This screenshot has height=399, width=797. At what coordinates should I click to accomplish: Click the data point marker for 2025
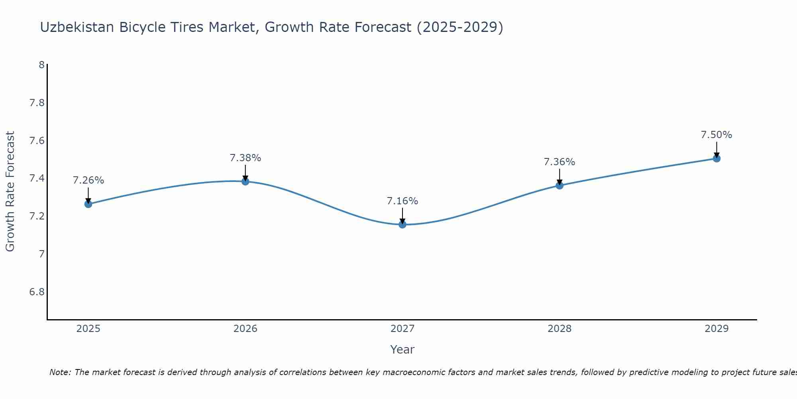click(88, 204)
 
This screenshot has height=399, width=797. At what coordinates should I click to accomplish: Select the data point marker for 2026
click(245, 182)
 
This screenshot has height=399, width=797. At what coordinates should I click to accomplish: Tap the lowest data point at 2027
click(402, 224)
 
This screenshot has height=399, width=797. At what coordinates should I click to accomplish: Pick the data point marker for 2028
click(559, 185)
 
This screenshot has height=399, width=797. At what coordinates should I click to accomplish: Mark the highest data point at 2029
click(717, 158)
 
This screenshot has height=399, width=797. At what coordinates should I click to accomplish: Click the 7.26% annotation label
click(88, 180)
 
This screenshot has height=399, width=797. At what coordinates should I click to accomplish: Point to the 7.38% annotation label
click(245, 158)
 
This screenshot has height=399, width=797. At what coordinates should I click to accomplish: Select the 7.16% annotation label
click(402, 201)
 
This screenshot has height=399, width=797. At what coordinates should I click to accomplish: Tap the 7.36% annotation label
click(559, 162)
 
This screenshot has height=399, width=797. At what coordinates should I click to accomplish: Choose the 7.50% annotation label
click(717, 135)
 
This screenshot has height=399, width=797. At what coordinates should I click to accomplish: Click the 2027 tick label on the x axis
click(402, 329)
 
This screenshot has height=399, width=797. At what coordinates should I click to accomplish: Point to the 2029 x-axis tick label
click(717, 329)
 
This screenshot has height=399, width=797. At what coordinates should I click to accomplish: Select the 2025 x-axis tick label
click(88, 329)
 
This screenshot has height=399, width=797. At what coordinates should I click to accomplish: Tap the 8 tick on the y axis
click(41, 65)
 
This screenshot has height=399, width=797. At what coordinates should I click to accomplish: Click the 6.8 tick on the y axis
click(37, 292)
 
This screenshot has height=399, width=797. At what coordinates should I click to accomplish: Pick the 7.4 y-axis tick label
click(37, 178)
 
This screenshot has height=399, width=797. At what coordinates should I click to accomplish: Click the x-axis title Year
click(402, 350)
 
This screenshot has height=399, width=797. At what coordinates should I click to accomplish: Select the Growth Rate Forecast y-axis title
click(10, 192)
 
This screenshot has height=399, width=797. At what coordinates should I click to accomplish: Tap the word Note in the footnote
click(60, 372)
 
